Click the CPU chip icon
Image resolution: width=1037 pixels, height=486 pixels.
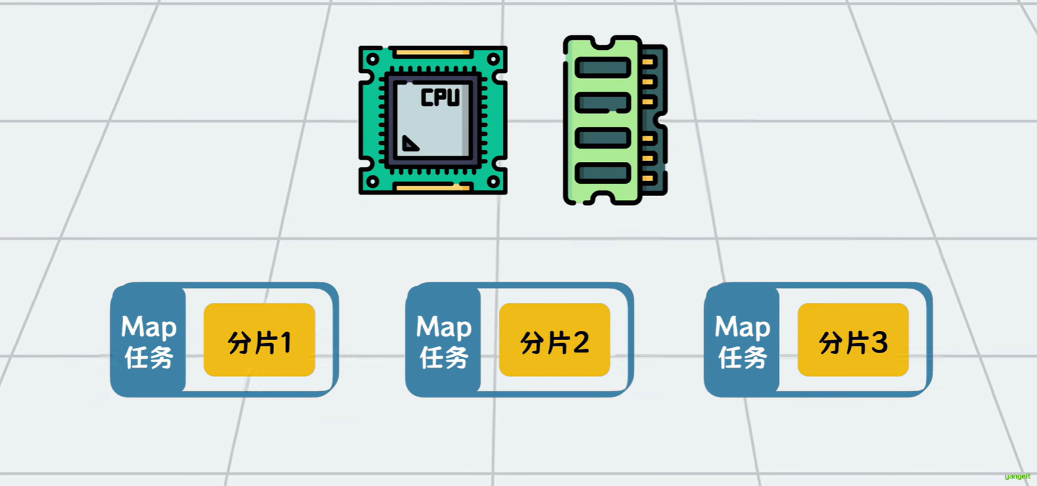[x=432, y=120]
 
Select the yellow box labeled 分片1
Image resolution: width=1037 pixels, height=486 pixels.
[x=259, y=340]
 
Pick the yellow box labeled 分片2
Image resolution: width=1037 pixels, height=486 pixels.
[x=554, y=340]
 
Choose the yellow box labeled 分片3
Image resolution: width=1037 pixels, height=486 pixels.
[x=853, y=340]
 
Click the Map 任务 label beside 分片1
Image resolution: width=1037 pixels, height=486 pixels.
[x=149, y=341]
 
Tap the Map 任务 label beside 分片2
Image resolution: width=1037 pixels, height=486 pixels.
[x=444, y=341]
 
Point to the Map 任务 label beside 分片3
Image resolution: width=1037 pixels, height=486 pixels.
[x=742, y=341]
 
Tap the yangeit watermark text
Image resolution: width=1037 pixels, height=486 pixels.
[x=1017, y=477]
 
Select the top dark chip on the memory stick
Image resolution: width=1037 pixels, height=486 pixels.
[x=602, y=68]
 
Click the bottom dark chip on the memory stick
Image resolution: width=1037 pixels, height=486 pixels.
[x=602, y=173]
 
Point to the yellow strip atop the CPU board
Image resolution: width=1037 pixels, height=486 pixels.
[x=432, y=53]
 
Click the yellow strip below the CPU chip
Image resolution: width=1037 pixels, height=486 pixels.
[x=432, y=187]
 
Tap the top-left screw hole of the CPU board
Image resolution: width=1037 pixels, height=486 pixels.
[x=373, y=59]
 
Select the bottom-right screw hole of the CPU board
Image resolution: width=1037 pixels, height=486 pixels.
[x=493, y=181]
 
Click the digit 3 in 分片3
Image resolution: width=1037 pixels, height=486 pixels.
[x=879, y=343]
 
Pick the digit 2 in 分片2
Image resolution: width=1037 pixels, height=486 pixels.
[x=580, y=343]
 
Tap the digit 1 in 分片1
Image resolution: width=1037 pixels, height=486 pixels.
[x=285, y=343]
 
